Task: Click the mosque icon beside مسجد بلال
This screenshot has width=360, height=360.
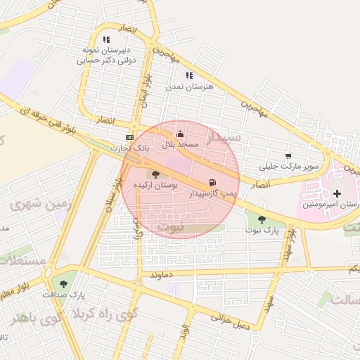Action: [181, 134]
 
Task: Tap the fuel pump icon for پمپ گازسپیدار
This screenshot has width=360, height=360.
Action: [213, 182]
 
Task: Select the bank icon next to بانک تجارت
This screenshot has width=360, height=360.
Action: [129, 137]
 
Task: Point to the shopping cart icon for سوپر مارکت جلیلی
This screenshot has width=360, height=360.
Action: [288, 156]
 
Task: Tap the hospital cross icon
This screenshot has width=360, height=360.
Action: [337, 193]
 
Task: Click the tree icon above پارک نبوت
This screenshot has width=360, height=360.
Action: [262, 219]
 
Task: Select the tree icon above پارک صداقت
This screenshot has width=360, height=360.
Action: [64, 284]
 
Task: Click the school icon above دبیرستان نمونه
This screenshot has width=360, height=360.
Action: [106, 40]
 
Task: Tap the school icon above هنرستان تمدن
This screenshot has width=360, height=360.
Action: [188, 75]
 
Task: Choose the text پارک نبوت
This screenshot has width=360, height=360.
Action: [262, 230]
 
